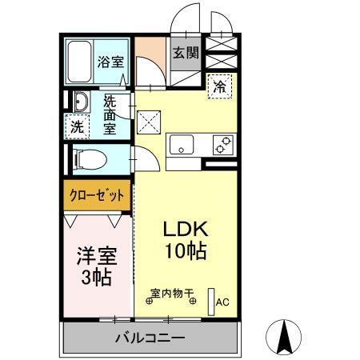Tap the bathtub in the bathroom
[79, 58]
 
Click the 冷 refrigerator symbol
[218, 88]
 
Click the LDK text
[186, 229]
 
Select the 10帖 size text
[186, 250]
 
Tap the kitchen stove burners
[222, 146]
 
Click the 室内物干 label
[172, 294]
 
